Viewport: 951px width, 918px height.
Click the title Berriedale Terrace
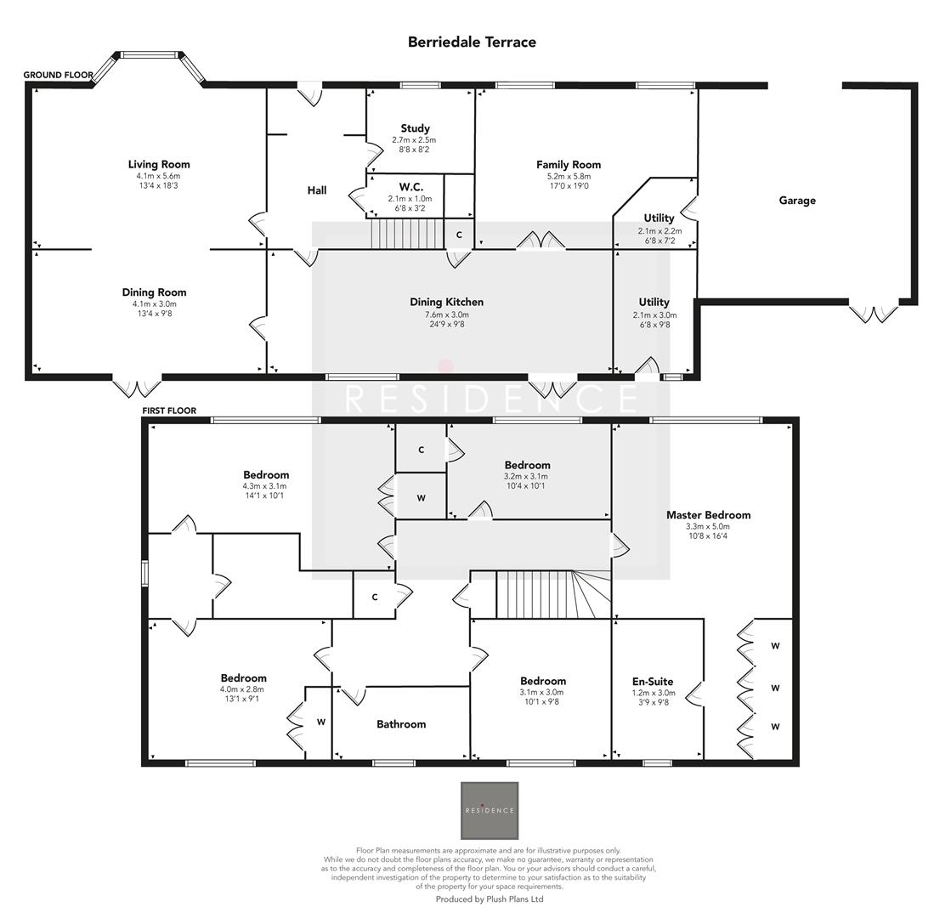pyautogui.click(x=472, y=42)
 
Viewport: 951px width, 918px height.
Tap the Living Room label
pyautogui.click(x=159, y=164)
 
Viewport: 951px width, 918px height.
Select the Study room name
pyautogui.click(x=415, y=128)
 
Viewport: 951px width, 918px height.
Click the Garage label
pyautogui.click(x=796, y=201)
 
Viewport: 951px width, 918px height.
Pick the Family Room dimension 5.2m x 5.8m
pyautogui.click(x=568, y=176)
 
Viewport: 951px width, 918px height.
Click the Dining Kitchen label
pyautogui.click(x=446, y=302)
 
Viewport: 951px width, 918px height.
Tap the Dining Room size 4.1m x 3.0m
pyautogui.click(x=154, y=303)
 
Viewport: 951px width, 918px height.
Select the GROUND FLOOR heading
pyautogui.click(x=58, y=75)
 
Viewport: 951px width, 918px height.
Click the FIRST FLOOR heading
pyautogui.click(x=169, y=411)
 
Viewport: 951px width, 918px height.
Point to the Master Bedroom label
pyautogui.click(x=708, y=514)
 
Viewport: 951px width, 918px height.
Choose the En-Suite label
pyautogui.click(x=652, y=681)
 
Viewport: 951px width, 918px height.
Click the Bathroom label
pyautogui.click(x=400, y=724)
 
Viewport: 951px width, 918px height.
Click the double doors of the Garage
pyautogui.click(x=875, y=312)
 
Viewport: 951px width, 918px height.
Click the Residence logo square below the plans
pyautogui.click(x=489, y=810)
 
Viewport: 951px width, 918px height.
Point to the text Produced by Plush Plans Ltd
pyautogui.click(x=489, y=898)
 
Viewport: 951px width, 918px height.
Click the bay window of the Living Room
pyautogui.click(x=149, y=56)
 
